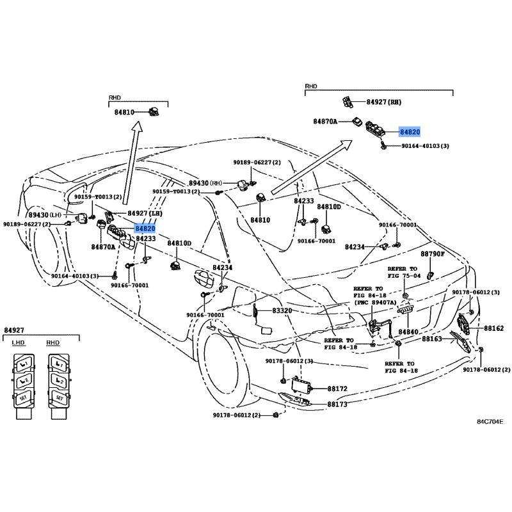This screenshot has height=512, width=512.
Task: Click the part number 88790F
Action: [432, 254]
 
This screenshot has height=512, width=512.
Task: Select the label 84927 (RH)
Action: [384, 102]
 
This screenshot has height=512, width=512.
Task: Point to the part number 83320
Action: [282, 310]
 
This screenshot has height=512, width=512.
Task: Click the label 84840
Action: [408, 332]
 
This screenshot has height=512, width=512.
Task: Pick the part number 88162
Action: [493, 328]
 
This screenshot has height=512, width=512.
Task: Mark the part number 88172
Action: [337, 388]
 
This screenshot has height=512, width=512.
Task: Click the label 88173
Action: [337, 404]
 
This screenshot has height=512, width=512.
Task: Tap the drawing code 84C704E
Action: [490, 422]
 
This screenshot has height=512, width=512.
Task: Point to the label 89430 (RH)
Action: [206, 183]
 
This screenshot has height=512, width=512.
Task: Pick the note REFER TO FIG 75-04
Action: [403, 272]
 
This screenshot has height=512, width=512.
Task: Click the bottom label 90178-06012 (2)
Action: [237, 416]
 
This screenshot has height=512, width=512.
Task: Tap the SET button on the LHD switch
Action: [24, 397]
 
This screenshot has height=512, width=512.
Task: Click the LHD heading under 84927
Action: [18, 343]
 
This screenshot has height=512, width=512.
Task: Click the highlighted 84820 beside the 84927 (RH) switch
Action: [410, 131]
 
